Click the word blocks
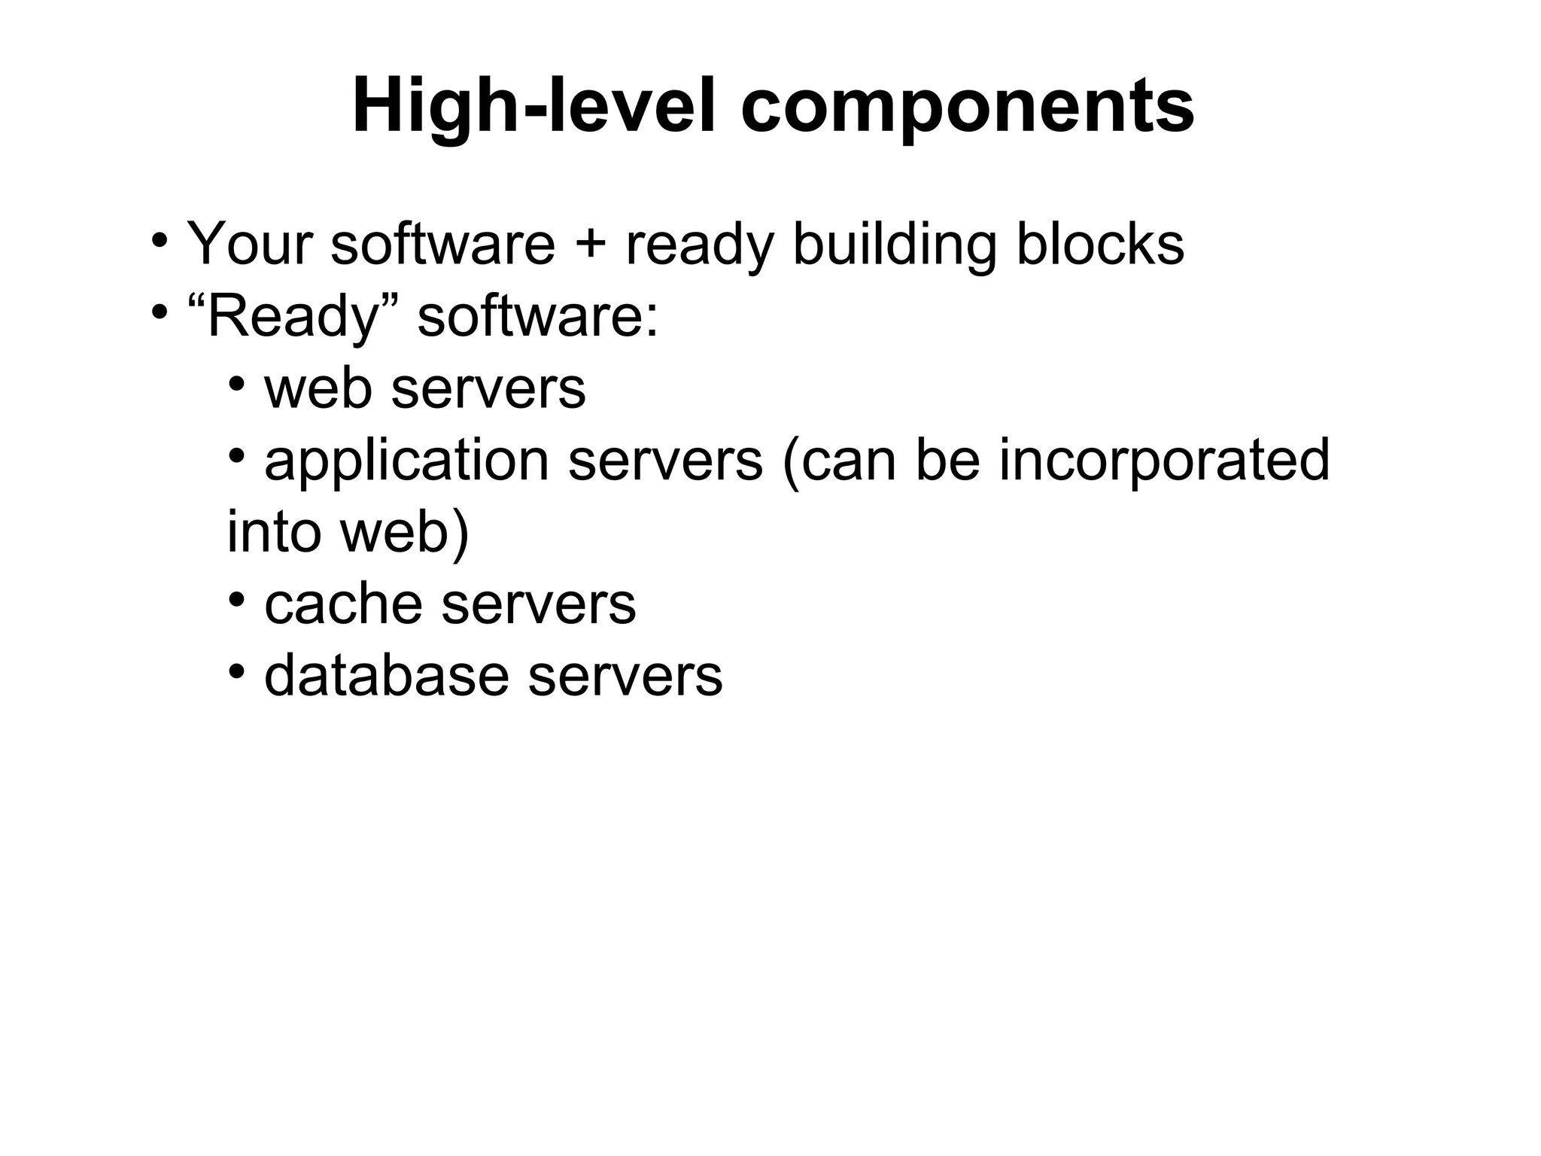pyautogui.click(x=1100, y=244)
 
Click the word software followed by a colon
pyautogui.click(x=537, y=316)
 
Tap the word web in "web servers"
pyautogui.click(x=318, y=388)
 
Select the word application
pyautogui.click(x=406, y=461)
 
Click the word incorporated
pyautogui.click(x=1164, y=461)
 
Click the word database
pyautogui.click(x=386, y=675)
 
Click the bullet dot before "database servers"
pyautogui.click(x=237, y=671)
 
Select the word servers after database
pyautogui.click(x=625, y=675)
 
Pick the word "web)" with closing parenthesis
pyautogui.click(x=404, y=531)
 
